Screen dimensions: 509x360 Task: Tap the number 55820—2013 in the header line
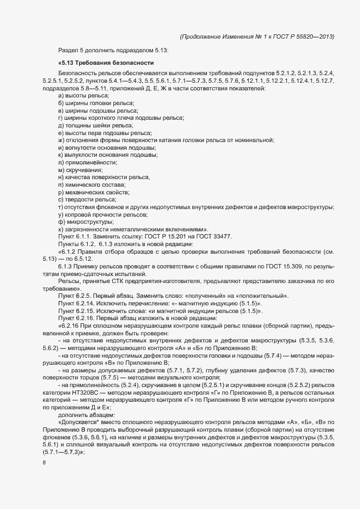[313, 36]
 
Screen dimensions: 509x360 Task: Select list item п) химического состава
[89, 185]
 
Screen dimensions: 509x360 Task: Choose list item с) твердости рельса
[87, 199]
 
